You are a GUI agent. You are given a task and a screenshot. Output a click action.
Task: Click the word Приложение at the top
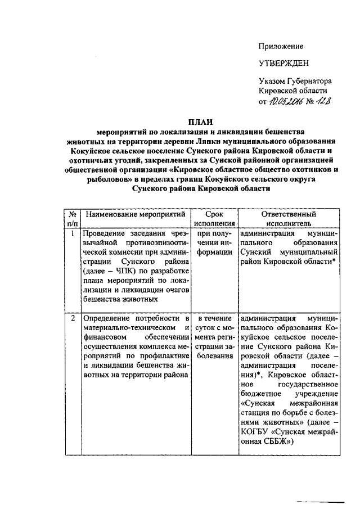pos(281,46)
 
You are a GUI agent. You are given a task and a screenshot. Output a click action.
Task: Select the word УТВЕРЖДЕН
pos(284,63)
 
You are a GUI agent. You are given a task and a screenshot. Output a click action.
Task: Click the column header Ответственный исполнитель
pos(289,219)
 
